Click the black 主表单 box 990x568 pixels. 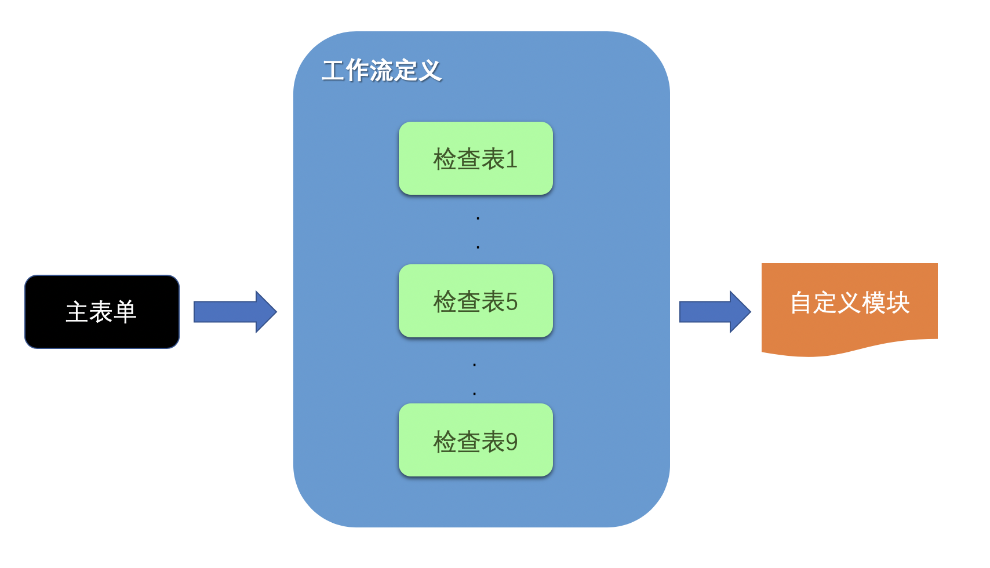pos(102,312)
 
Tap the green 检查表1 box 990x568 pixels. pos(475,158)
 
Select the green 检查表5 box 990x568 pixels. pos(475,301)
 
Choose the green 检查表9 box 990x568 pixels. pos(475,440)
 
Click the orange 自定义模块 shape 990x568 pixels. pos(849,304)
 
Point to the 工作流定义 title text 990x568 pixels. pos(381,71)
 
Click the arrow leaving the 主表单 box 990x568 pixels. pos(235,312)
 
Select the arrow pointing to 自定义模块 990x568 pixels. pos(714,312)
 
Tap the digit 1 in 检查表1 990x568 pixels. pos(511,159)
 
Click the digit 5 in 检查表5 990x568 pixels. pos(511,302)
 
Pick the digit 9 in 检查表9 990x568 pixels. pos(511,442)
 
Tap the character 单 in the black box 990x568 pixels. pos(125,312)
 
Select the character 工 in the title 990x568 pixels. pos(333,71)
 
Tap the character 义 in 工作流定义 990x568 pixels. pos(430,71)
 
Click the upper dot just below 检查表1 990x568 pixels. pos(478,219)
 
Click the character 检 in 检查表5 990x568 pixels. pos(445,302)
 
